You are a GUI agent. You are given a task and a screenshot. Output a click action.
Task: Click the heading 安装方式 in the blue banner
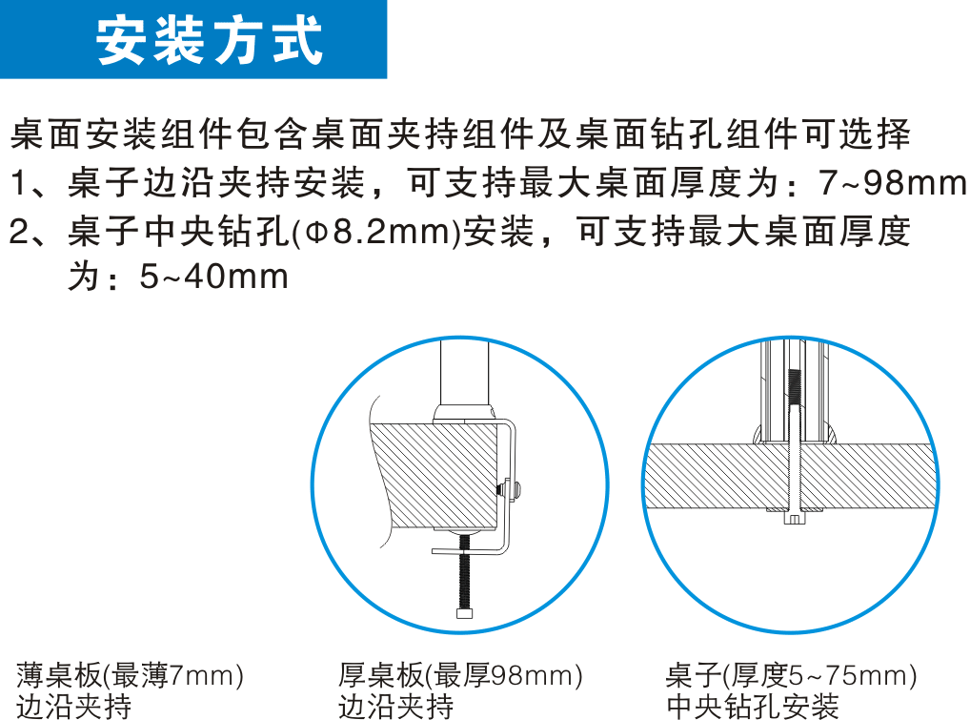pyautogui.click(x=209, y=40)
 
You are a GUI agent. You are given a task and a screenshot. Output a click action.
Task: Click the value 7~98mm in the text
pyautogui.click(x=892, y=183)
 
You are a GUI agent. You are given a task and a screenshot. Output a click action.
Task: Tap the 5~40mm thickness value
pyautogui.click(x=214, y=277)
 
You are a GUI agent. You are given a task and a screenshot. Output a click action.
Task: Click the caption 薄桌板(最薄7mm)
pyautogui.click(x=130, y=675)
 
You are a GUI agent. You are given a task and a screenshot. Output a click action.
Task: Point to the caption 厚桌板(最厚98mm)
pyautogui.click(x=460, y=675)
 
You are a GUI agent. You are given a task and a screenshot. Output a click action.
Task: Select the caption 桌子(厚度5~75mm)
pyautogui.click(x=791, y=675)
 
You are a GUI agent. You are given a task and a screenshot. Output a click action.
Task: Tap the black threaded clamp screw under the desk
pyautogui.click(x=465, y=571)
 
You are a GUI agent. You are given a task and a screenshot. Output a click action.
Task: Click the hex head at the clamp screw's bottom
pyautogui.click(x=465, y=613)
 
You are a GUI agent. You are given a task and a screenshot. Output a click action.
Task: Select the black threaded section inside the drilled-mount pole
pyautogui.click(x=796, y=387)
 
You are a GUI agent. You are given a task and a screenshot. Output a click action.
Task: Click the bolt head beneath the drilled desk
pyautogui.click(x=795, y=518)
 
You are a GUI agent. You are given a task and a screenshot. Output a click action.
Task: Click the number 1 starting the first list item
pyautogui.click(x=19, y=183)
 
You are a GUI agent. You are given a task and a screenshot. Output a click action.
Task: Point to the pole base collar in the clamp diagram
pyautogui.click(x=464, y=414)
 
